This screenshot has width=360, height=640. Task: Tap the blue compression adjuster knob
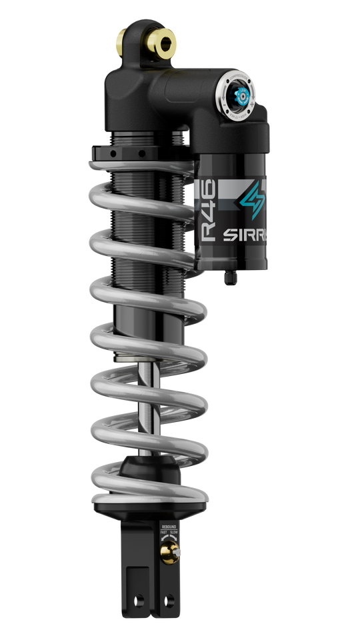[x=241, y=95]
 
